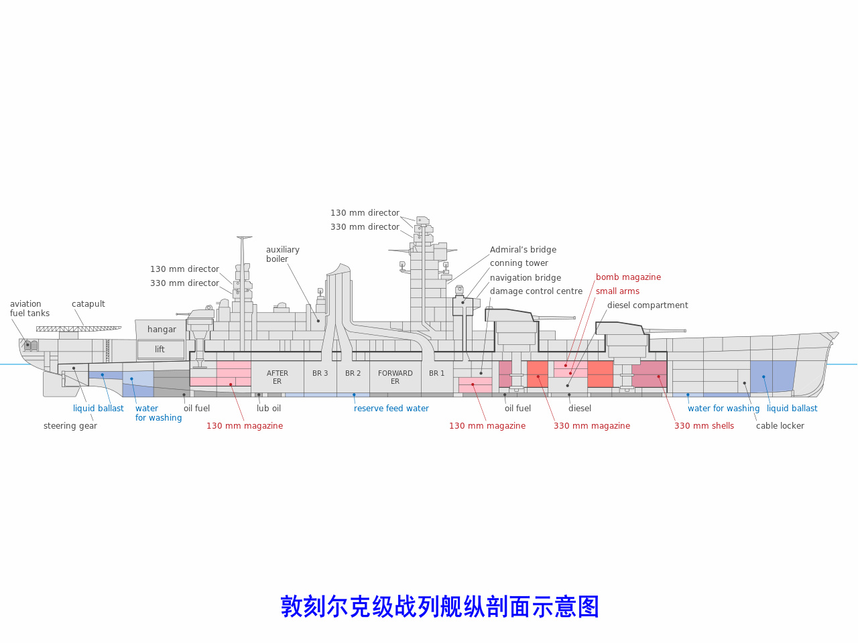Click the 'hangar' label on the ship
[x=162, y=330]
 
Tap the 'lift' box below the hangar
[x=160, y=350]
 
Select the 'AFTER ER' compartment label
[x=278, y=377]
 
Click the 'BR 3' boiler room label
[x=320, y=374]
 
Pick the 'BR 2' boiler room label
[x=353, y=374]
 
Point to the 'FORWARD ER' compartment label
[x=395, y=377]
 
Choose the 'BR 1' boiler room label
[x=437, y=374]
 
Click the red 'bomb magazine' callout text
[x=628, y=277]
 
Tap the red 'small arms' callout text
[x=617, y=291]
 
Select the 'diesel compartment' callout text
[x=648, y=305]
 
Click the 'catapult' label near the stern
[x=88, y=304]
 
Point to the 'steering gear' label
[x=70, y=426]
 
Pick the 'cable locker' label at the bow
[x=780, y=426]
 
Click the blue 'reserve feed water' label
[x=391, y=409]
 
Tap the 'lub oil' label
[x=269, y=409]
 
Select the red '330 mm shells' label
[x=704, y=426]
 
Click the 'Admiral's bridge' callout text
[x=523, y=250]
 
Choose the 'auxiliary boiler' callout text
[x=283, y=255]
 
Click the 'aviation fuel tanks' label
[x=29, y=309]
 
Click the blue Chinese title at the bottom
[x=440, y=607]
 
